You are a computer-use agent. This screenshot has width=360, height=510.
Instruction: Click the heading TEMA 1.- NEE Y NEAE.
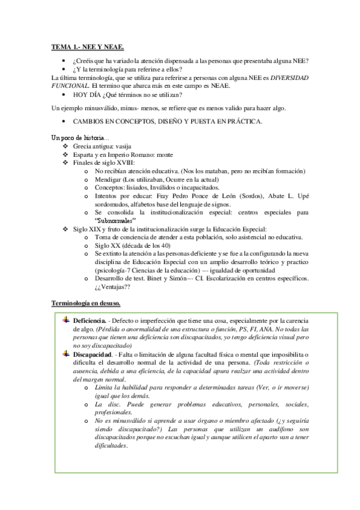pos(88,46)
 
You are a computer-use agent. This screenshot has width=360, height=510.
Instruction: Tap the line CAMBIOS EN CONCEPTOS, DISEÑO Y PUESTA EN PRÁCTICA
pos(167,122)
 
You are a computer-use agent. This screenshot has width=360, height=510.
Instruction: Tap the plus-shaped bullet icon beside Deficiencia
pos(66,321)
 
